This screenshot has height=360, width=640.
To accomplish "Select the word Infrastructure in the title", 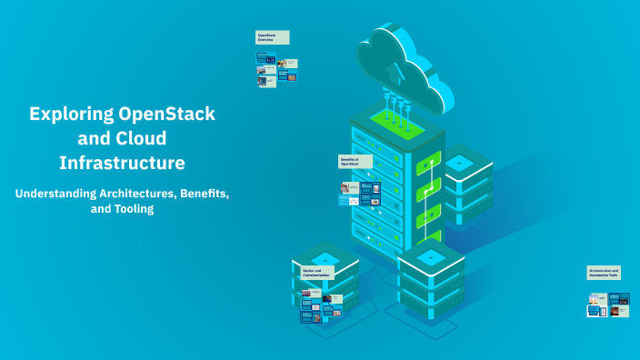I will (122, 164).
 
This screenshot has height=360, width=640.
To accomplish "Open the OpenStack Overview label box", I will (272, 37).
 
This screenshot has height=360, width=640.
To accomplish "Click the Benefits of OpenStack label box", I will (355, 161).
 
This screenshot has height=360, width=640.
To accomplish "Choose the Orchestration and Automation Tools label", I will (604, 272).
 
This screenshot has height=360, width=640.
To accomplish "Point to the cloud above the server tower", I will (405, 59).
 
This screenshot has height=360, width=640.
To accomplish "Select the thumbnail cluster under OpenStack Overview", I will (277, 69).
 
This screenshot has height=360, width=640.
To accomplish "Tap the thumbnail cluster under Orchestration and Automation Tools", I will (608, 305).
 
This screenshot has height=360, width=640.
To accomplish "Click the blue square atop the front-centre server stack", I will (432, 257).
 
